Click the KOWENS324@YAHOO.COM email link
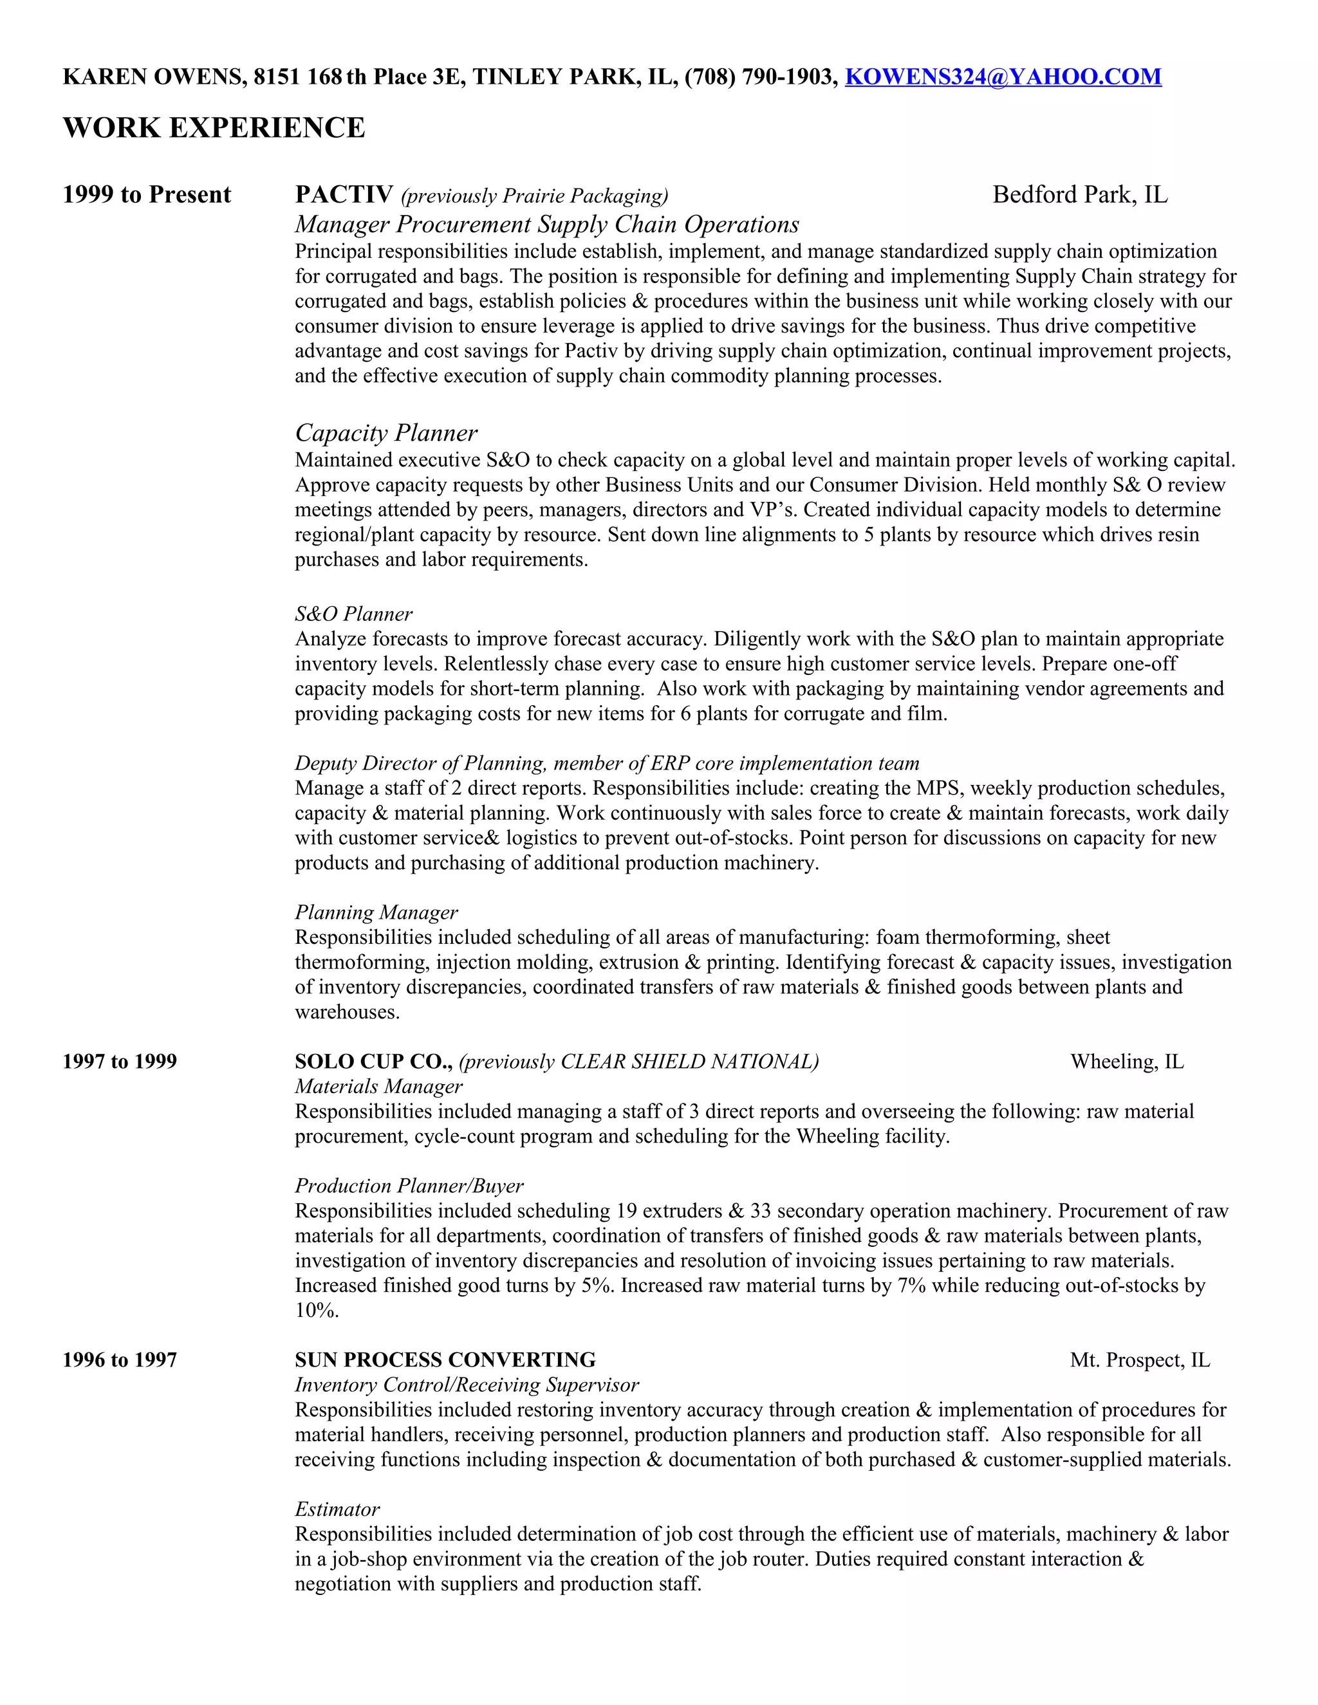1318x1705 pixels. coord(1003,77)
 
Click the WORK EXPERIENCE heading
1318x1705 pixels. coord(213,128)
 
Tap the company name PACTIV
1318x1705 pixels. coord(344,194)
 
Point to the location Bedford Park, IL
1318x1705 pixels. coord(1079,194)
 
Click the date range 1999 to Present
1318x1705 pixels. coord(147,194)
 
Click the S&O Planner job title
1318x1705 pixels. coord(354,614)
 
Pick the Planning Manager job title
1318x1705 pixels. coord(376,912)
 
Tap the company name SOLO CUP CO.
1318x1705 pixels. coord(373,1061)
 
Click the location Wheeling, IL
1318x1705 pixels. coord(1126,1062)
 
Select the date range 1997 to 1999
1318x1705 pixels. coord(120,1062)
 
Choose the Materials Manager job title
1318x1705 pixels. coord(378,1086)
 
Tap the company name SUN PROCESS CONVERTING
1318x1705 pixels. coord(445,1360)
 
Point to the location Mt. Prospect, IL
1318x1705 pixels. coord(1139,1360)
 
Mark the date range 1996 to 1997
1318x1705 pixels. coord(120,1360)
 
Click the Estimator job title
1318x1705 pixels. coord(337,1509)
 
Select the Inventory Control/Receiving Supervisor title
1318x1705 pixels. coord(466,1385)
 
